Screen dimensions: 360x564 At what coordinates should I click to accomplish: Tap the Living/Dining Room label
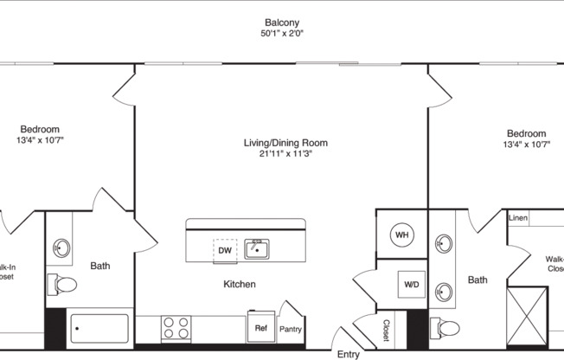point(285,143)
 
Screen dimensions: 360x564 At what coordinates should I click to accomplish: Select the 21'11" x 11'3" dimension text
point(285,155)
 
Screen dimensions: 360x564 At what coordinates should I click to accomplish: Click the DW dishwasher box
point(225,250)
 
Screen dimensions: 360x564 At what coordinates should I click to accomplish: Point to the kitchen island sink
point(256,249)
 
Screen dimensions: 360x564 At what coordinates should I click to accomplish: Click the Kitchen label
point(240,284)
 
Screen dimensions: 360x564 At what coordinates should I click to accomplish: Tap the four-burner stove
point(176,328)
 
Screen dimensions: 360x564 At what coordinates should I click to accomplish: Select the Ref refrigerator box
point(260,328)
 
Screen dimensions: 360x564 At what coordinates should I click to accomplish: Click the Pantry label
point(290,329)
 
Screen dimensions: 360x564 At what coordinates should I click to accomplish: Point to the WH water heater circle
point(401,235)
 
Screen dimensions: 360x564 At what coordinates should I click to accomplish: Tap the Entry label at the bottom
point(348,354)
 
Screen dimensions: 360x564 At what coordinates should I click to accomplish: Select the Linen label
point(518,218)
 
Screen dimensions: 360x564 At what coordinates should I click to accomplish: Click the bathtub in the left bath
point(100,328)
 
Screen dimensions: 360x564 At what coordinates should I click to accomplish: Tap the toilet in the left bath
point(63,284)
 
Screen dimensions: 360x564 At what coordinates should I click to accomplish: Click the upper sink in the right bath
point(445,243)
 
